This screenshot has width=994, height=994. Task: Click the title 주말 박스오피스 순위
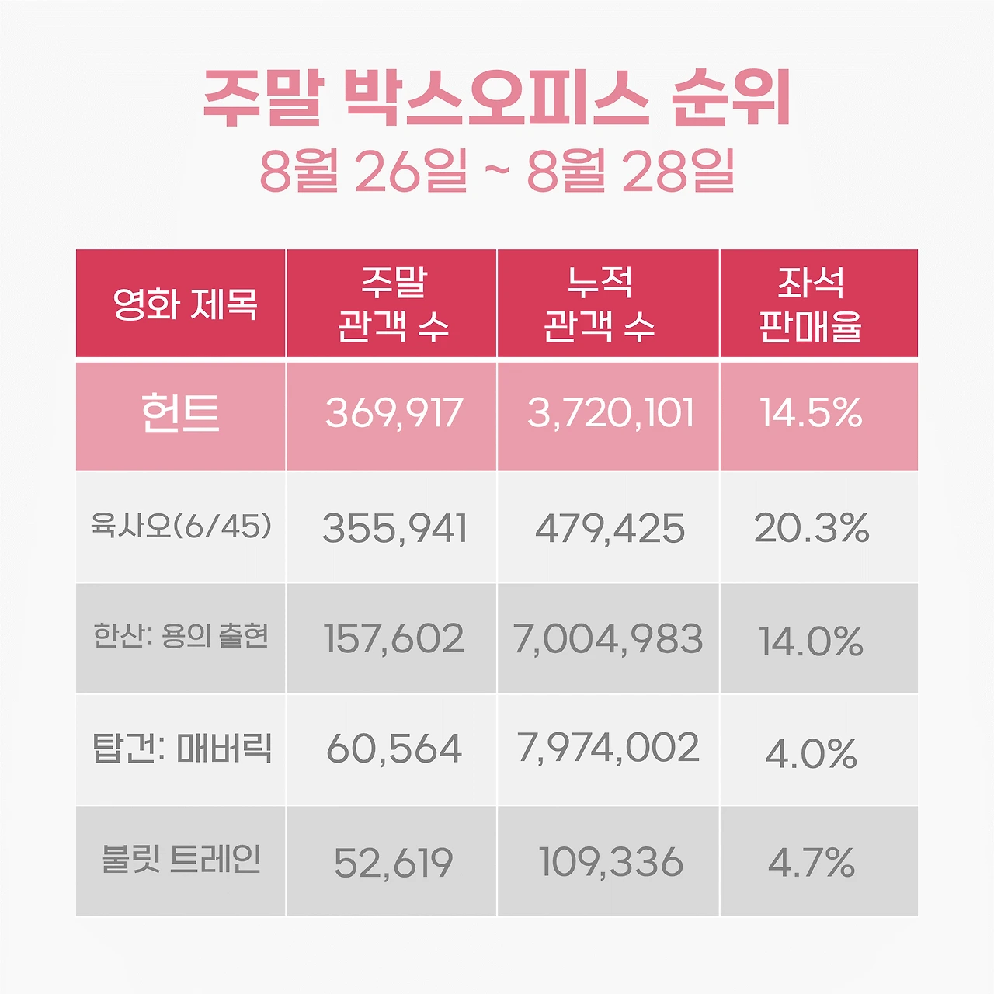497,99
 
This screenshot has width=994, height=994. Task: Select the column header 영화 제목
185,304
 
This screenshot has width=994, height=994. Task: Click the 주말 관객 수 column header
393,304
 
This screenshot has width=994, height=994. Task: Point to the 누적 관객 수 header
600,304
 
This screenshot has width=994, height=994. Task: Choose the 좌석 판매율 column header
811,304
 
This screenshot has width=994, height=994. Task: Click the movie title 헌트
180,413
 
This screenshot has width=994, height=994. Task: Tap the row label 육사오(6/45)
182,527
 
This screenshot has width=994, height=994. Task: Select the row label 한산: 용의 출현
181,637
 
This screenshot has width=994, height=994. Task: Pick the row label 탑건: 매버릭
182,748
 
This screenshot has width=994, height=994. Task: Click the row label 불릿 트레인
181,860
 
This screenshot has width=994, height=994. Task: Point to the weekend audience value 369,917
394,413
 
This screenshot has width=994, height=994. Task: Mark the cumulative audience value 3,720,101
610,413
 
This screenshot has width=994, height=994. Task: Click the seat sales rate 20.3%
812,529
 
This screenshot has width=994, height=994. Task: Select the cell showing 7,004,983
608,639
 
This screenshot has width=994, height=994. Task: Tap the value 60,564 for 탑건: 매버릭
394,749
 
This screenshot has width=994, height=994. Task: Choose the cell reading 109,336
610,862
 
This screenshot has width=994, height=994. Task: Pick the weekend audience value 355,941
394,529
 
